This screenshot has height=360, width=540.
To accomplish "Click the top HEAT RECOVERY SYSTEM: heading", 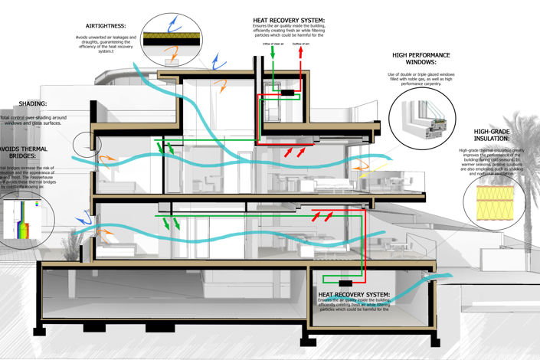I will click(289, 20).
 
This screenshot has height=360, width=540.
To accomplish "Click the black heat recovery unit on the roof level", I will click(290, 93).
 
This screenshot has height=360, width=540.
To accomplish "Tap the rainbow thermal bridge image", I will click(17, 218).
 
